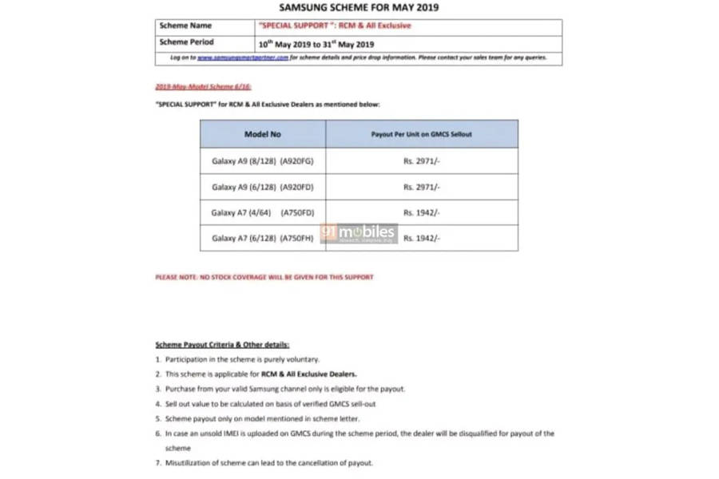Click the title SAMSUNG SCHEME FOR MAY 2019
click(x=359, y=7)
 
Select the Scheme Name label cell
click(x=185, y=26)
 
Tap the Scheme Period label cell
click(x=187, y=42)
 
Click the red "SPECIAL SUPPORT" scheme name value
click(x=335, y=26)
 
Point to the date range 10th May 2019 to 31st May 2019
click(x=316, y=44)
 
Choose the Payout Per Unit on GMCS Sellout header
click(x=421, y=134)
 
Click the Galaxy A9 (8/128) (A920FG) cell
click(x=263, y=161)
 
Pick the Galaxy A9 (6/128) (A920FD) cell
click(x=263, y=187)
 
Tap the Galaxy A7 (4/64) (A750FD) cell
click(x=263, y=212)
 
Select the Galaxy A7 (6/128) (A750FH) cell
click(x=263, y=238)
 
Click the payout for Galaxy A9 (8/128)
click(x=422, y=161)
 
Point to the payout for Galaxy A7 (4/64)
click(x=422, y=212)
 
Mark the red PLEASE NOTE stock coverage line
click(x=264, y=277)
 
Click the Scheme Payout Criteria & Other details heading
click(x=222, y=345)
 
